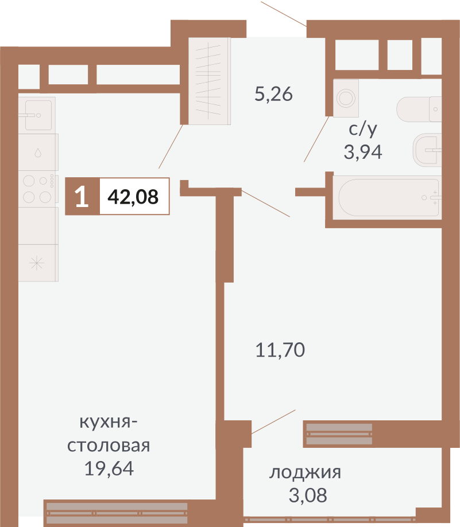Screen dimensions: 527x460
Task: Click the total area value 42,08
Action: pos(133,197)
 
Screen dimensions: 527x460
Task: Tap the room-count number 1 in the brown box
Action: pos(82,197)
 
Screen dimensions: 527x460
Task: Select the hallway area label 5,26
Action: pos(273,93)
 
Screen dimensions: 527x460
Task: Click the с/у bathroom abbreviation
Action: pos(363,130)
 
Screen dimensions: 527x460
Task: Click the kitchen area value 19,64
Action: pos(109,469)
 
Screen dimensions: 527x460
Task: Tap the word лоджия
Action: pos(306,473)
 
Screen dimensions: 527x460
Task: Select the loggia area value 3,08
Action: pos(307,495)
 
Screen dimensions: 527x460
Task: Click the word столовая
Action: pos(109,446)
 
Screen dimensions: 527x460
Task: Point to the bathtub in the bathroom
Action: pos(389,197)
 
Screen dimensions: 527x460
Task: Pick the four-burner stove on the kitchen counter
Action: pos(38,189)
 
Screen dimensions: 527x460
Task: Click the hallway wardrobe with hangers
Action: pos(210,80)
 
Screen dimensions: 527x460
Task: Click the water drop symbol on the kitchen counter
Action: pos(38,153)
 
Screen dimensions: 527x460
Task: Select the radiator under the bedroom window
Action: pos(339,434)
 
